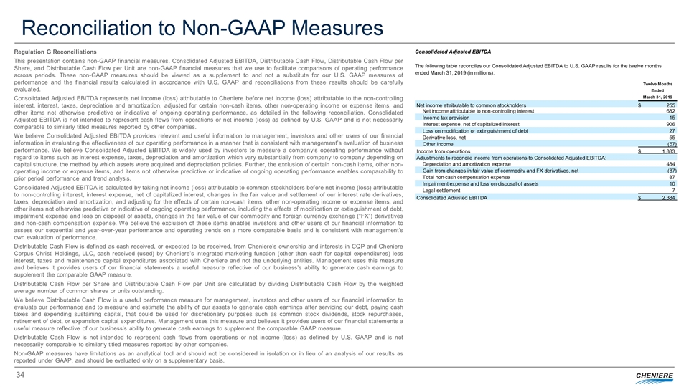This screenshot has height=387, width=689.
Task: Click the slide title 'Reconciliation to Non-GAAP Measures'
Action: pyautogui.click(x=202, y=27)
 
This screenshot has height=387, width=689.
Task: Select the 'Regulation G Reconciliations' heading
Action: pyautogui.click(x=55, y=52)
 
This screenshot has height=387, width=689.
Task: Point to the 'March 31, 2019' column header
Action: pyautogui.click(x=658, y=97)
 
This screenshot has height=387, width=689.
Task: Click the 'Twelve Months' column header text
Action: pyautogui.click(x=658, y=84)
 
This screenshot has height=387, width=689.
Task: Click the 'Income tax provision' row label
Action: pyautogui.click(x=446, y=118)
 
